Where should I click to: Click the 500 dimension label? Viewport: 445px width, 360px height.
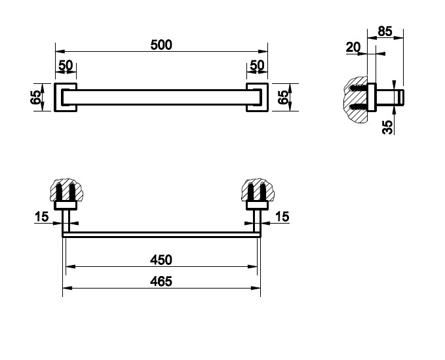(x=161, y=45)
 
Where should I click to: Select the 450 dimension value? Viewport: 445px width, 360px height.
(x=161, y=260)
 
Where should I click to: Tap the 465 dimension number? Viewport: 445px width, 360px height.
(x=161, y=281)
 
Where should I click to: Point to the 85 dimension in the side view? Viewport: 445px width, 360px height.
(x=385, y=31)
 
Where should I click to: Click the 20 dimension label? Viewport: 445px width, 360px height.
(x=353, y=47)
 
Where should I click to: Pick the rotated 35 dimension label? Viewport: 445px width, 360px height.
(x=388, y=127)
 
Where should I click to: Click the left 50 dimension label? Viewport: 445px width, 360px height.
(x=66, y=66)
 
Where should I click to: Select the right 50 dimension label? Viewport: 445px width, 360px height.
(x=257, y=66)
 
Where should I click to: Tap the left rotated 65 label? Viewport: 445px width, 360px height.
(x=35, y=98)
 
